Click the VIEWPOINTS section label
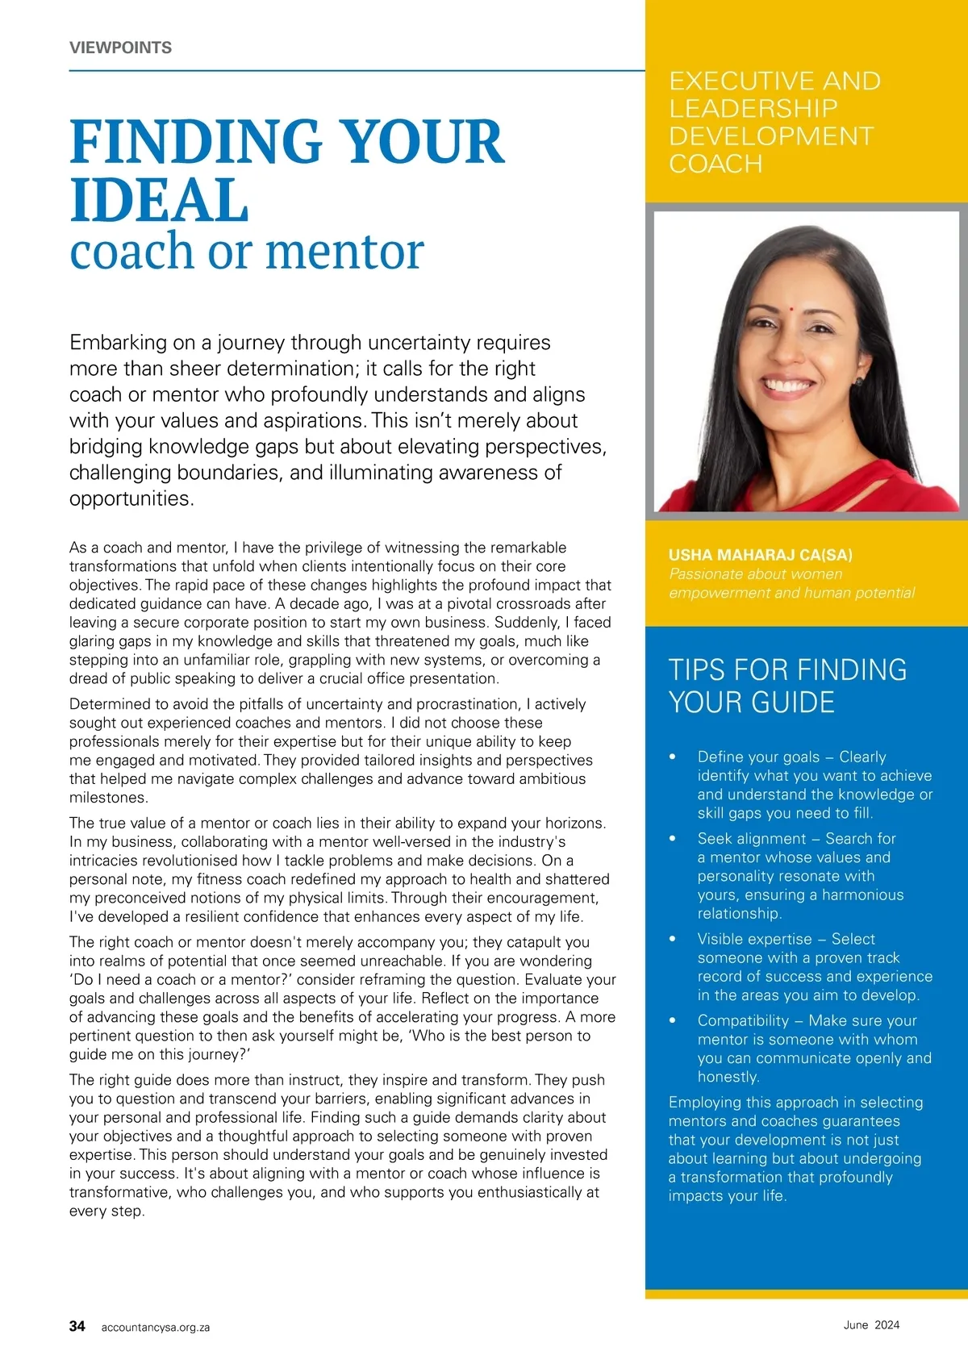pos(120,48)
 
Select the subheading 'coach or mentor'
pos(246,252)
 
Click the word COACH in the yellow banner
pos(716,164)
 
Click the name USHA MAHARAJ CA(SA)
pos(760,555)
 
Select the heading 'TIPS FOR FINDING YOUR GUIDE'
pos(786,686)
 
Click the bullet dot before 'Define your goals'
pos(673,757)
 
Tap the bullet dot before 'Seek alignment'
pos(673,839)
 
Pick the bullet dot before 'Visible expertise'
pos(673,939)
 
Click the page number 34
pos(77,1326)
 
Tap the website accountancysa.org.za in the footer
pos(156,1328)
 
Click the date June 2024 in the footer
pos(871,1324)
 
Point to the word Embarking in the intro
pos(118,343)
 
